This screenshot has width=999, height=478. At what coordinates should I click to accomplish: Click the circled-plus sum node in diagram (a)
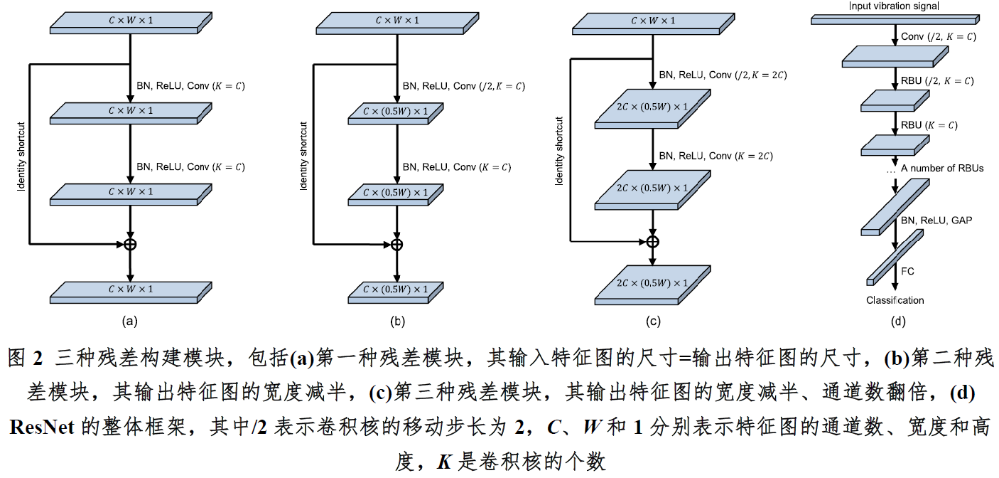point(130,244)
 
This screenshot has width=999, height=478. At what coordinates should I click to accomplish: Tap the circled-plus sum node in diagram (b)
point(397,244)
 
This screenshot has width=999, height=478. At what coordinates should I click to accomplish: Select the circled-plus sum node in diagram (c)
point(652,241)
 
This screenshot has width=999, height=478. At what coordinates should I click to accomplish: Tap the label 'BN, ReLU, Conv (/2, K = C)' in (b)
point(463,86)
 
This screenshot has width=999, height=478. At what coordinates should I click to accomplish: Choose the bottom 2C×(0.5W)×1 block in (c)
point(652,284)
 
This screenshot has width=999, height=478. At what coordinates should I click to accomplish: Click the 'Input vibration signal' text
point(894,6)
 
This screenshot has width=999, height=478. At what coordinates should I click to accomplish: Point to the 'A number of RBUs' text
point(941,169)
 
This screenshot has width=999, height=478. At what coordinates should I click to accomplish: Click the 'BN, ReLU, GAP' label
point(936,221)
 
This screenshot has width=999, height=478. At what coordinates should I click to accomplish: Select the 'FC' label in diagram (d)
point(907,271)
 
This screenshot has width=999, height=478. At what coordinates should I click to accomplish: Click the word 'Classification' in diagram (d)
point(895,300)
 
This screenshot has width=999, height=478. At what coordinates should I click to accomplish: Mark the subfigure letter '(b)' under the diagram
point(397,321)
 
